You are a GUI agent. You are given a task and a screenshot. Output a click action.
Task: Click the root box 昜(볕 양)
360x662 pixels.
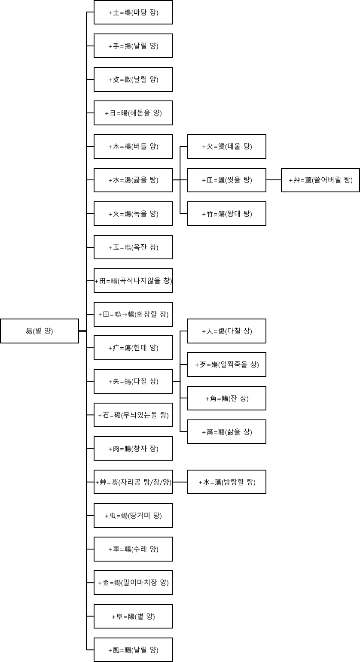40,331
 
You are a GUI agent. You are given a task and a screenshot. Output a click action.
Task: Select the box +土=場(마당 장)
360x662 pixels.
133,12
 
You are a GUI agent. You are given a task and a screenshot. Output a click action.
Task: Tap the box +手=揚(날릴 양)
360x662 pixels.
133,46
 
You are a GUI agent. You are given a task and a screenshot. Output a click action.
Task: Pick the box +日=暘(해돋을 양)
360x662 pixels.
133,113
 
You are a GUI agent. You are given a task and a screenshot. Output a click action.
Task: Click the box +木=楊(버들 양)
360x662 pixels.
133,146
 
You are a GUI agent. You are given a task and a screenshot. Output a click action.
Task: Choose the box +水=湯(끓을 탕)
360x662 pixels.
133,180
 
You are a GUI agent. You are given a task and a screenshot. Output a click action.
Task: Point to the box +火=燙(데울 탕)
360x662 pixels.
227,146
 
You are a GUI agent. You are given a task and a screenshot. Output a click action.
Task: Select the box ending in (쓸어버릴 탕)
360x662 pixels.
320,180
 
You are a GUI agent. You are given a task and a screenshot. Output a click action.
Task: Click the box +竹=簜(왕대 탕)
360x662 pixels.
227,213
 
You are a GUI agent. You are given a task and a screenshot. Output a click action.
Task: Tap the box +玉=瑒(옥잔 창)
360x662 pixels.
133,247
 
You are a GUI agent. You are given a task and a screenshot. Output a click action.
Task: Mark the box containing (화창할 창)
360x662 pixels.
133,314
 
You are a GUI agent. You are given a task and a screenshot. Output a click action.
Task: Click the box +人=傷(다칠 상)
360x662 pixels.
227,331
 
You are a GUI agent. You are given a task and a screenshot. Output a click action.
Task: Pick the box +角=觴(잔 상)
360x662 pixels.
227,398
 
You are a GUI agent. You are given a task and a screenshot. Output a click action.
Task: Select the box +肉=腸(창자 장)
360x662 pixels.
133,449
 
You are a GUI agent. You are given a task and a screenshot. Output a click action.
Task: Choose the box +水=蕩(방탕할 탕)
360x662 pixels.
227,482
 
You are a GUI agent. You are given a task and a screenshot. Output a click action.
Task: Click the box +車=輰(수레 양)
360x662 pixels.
133,549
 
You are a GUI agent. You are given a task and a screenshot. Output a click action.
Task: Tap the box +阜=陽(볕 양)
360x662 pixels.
133,616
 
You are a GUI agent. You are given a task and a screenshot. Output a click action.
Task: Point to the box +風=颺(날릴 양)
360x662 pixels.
133,650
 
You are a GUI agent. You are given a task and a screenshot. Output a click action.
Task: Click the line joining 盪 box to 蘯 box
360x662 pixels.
274,180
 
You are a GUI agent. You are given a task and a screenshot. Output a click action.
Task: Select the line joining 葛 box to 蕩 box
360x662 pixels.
180,482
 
